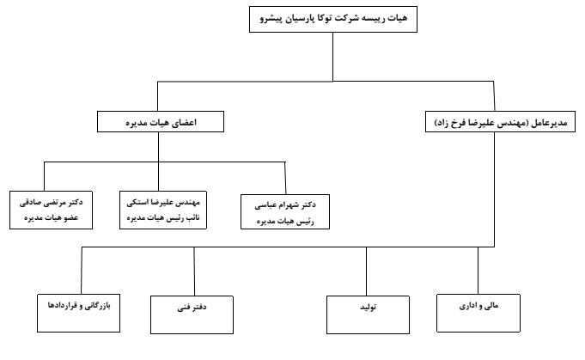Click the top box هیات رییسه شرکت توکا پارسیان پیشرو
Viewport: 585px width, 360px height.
pyautogui.click(x=333, y=20)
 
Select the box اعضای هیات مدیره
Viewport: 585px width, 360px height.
pyautogui.click(x=161, y=122)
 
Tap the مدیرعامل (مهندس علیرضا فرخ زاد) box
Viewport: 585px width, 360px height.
pyautogui.click(x=500, y=122)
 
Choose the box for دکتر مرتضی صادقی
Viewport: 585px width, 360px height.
pyautogui.click(x=52, y=210)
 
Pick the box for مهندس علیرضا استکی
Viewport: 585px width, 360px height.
pyautogui.click(x=163, y=210)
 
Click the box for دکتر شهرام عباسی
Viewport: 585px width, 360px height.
pyautogui.click(x=285, y=211)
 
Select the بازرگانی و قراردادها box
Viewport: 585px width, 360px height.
pyautogui.click(x=79, y=313)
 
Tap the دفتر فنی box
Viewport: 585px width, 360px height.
pyautogui.click(x=192, y=314)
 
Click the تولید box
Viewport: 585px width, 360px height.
pyautogui.click(x=368, y=314)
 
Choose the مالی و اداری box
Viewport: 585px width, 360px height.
pyautogui.click(x=478, y=313)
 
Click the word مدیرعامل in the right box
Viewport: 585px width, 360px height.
pyautogui.click(x=549, y=123)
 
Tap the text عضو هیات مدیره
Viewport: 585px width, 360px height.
pyautogui.click(x=52, y=217)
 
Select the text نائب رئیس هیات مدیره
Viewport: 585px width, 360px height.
pyautogui.click(x=163, y=217)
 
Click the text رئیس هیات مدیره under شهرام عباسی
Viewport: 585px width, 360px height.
pyautogui.click(x=285, y=221)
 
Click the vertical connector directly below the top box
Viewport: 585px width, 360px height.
pyautogui.click(x=332, y=57)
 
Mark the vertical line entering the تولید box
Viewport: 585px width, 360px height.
pyautogui.click(x=366, y=272)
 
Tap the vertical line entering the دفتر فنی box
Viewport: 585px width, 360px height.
pyautogui.click(x=194, y=272)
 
